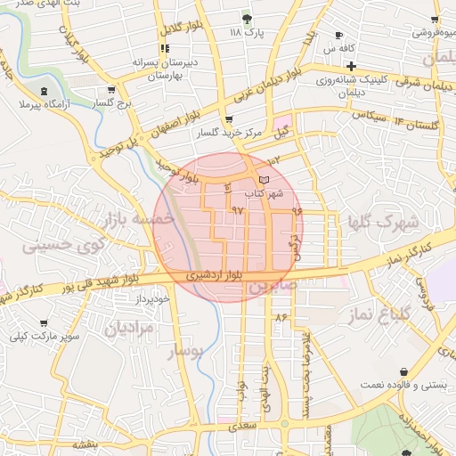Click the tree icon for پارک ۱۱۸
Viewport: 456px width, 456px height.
click(x=248, y=18)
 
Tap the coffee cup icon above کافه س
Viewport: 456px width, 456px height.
click(x=338, y=36)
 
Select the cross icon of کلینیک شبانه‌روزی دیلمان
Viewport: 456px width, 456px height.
click(x=352, y=66)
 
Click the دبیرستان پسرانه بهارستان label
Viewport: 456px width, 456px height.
click(x=164, y=70)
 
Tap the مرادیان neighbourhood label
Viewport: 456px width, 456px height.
click(x=129, y=328)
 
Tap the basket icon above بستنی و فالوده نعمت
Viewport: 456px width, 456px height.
click(x=404, y=371)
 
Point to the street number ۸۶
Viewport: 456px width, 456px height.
click(x=283, y=317)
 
